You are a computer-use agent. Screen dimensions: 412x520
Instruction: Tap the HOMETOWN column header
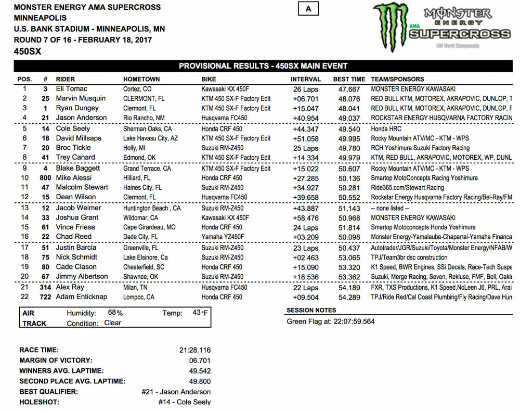141,79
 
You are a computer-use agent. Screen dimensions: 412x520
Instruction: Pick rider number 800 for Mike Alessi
45,178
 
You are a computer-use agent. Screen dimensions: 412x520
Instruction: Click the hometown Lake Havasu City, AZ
151,138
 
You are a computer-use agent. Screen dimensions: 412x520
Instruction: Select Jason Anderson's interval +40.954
305,118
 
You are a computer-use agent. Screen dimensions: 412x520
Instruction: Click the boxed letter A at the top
308,9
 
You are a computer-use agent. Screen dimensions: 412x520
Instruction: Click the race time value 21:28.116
194,350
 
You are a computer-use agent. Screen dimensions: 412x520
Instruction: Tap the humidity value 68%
115,313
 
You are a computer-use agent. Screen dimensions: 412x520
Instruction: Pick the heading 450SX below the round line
28,51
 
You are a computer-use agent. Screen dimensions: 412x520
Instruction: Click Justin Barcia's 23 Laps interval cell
306,248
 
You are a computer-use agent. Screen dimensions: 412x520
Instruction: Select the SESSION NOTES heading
312,311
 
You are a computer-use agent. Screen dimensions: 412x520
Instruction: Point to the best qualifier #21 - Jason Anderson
176,391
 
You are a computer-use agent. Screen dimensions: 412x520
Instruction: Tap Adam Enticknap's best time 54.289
349,297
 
